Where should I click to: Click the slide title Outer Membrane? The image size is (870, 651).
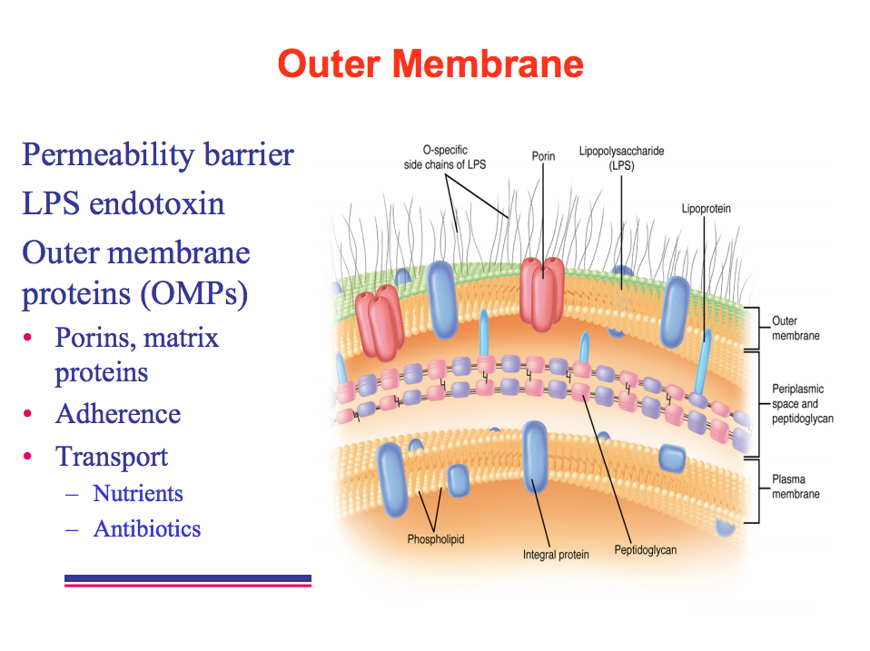(430, 64)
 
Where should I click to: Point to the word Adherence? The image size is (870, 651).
(118, 414)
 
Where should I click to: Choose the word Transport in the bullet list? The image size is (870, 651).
(112, 456)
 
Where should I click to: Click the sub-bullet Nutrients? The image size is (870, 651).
(138, 494)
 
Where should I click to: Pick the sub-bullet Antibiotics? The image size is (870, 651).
(147, 528)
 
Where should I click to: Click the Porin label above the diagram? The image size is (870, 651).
(543, 156)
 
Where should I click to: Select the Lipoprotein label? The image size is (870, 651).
(706, 209)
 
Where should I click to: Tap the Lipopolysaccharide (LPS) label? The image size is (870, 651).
(621, 160)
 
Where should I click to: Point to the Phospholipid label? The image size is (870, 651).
(436, 539)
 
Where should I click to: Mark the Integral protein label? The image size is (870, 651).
(556, 555)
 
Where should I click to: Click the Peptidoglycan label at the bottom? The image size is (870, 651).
(645, 550)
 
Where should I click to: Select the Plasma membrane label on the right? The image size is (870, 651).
(796, 487)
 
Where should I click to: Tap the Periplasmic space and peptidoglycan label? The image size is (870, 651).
(802, 404)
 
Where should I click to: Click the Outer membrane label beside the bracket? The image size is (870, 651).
(796, 328)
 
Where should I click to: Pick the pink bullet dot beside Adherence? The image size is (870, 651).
(28, 414)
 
